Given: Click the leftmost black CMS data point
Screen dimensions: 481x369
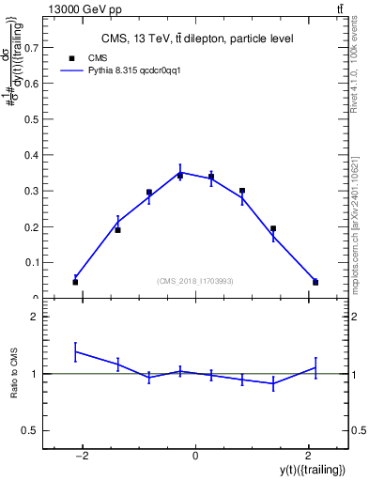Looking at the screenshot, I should [75, 282].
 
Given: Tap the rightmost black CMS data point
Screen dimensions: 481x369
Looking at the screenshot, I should [315, 282].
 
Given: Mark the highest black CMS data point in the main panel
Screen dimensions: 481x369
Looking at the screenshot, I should [180, 176].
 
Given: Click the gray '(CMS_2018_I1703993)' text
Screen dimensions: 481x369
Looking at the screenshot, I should [195, 281].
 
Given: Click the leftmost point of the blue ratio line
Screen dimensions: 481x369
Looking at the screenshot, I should [75, 351].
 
